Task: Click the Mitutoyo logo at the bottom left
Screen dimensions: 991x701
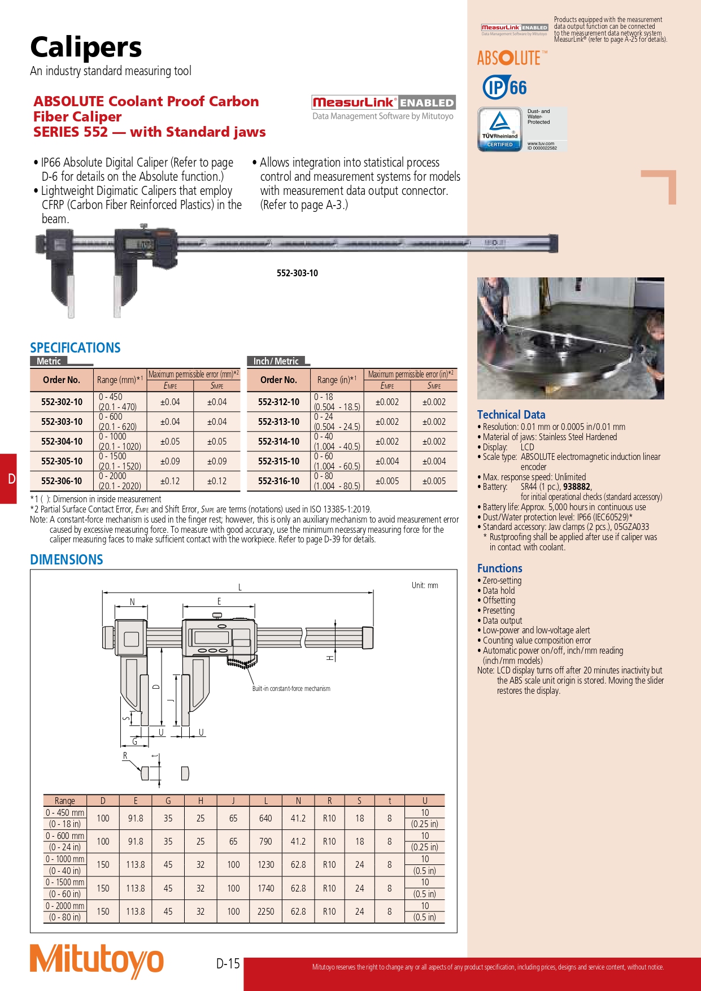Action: click(x=97, y=960)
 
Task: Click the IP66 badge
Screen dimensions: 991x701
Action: click(x=504, y=88)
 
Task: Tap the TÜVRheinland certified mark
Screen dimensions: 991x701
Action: click(x=500, y=129)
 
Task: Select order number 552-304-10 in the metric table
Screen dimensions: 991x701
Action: click(x=62, y=441)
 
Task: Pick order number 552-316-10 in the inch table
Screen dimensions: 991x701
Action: click(x=278, y=481)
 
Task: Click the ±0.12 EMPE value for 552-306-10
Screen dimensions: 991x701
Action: click(x=170, y=481)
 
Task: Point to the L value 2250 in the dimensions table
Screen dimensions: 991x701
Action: click(x=265, y=911)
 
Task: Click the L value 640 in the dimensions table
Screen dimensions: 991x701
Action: click(x=265, y=818)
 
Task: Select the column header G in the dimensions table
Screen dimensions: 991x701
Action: click(x=168, y=801)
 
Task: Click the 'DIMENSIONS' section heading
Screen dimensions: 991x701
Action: click(x=67, y=560)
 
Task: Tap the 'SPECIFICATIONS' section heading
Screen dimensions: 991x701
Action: click(x=75, y=347)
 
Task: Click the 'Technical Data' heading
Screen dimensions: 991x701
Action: click(x=511, y=415)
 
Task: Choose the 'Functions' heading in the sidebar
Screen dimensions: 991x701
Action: click(x=499, y=568)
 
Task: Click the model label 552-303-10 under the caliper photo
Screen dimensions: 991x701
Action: click(x=297, y=273)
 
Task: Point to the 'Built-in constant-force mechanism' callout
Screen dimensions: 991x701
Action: click(x=291, y=689)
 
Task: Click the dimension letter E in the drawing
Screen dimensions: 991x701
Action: click(x=219, y=601)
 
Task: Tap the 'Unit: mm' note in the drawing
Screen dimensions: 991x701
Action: click(x=425, y=585)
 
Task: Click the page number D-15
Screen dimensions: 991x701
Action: click(x=228, y=963)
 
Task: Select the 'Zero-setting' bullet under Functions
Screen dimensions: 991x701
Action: click(x=502, y=580)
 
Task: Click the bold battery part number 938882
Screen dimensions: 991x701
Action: click(x=576, y=486)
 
